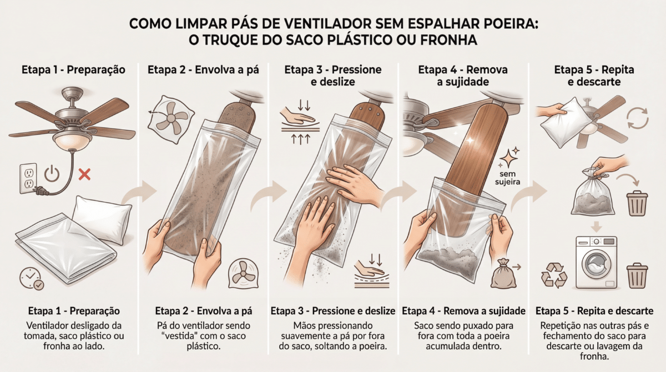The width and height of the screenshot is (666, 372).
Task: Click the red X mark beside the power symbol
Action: click(x=84, y=174)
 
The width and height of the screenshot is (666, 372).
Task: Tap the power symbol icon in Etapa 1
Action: click(x=52, y=174)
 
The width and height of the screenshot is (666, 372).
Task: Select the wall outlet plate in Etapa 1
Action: click(x=28, y=178)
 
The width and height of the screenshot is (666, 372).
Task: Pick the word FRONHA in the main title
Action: click(x=449, y=40)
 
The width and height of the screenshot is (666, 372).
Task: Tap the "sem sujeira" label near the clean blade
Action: click(x=507, y=178)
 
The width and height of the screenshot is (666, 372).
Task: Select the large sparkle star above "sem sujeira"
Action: click(x=508, y=158)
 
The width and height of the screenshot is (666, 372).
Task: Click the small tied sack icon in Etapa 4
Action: click(x=503, y=274)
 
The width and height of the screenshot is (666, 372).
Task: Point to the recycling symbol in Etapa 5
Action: click(x=554, y=275)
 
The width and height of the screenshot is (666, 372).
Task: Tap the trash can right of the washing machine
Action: click(x=637, y=275)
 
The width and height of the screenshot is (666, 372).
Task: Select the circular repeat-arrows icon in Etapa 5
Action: click(x=637, y=118)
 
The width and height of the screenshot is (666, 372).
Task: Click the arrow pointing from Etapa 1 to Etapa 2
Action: click(x=140, y=193)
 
